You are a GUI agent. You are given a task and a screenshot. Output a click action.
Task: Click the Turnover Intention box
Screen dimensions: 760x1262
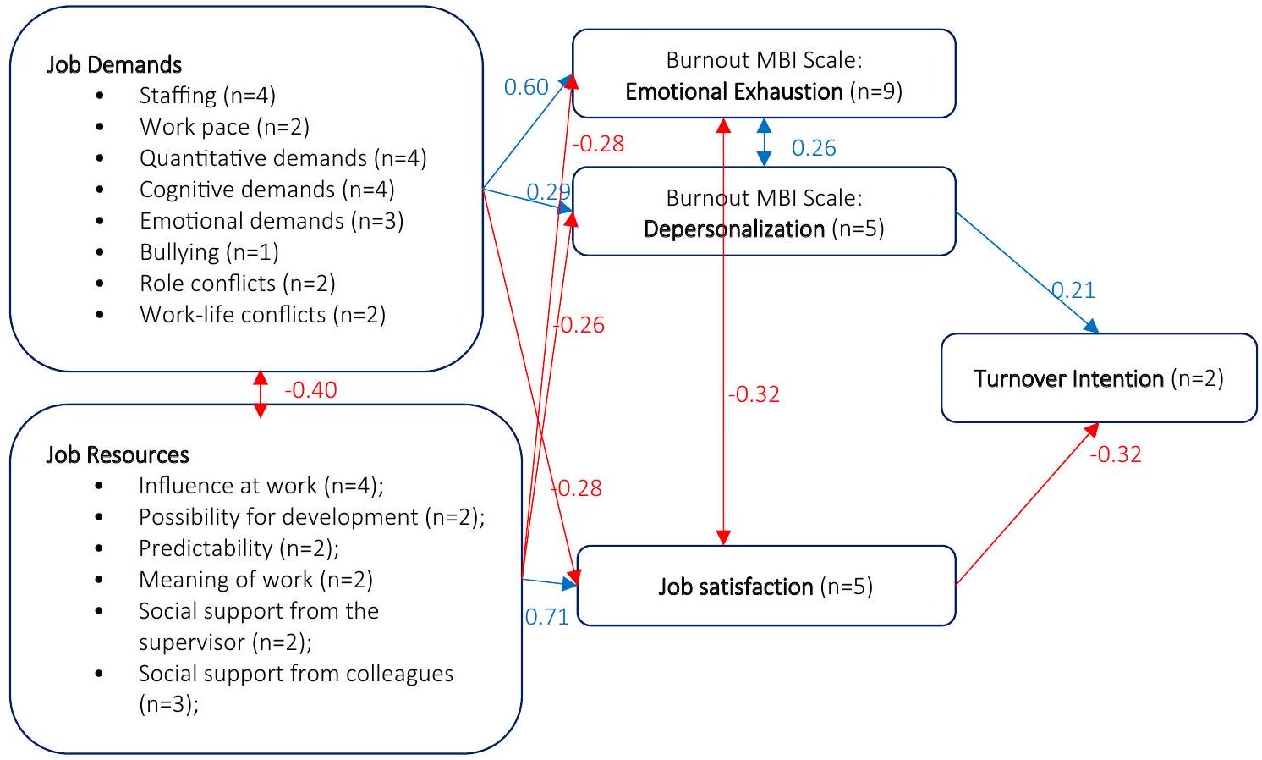(1098, 378)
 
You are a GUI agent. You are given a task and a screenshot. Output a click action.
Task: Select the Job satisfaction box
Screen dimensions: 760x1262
(765, 586)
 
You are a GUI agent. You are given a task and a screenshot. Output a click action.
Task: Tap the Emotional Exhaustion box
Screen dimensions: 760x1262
(763, 74)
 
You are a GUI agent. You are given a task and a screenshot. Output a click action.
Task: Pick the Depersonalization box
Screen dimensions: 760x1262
(763, 212)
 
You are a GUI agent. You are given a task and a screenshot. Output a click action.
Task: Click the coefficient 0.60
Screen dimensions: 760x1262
(526, 87)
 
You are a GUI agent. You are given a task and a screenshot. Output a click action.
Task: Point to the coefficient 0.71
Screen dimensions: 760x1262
(546, 617)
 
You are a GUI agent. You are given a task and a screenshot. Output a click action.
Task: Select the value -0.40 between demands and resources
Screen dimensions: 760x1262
(310, 390)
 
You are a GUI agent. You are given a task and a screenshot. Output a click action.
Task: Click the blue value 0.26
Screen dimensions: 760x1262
(814, 148)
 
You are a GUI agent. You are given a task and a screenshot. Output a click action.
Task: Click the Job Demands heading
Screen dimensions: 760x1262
(114, 65)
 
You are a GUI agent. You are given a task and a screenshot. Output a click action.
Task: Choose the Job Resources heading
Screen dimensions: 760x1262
(118, 455)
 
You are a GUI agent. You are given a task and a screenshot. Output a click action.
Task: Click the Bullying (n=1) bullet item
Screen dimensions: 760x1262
(209, 252)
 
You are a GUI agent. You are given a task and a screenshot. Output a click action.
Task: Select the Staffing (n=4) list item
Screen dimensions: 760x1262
(207, 96)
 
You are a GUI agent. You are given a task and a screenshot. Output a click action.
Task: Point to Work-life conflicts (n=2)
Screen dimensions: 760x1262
(262, 315)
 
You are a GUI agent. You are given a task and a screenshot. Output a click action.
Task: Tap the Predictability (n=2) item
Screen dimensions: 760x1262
(239, 548)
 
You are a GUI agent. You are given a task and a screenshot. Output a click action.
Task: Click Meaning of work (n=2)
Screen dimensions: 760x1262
(255, 580)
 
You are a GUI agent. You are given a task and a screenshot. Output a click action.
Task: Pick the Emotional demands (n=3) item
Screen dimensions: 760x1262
(271, 221)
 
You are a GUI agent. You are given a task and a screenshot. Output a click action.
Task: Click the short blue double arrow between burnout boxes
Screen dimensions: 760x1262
(764, 142)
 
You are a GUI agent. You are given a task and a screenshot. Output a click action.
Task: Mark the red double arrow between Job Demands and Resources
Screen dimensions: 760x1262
(261, 394)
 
